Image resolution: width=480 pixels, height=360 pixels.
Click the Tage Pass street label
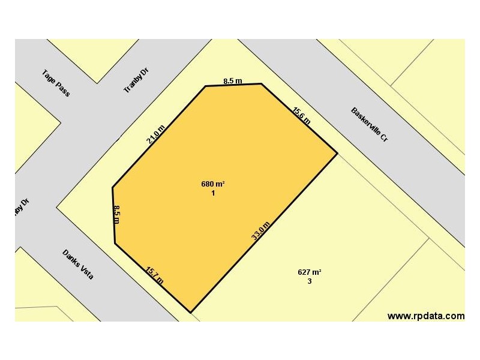pos(56,83)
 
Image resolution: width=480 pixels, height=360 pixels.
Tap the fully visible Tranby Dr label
pos(136,80)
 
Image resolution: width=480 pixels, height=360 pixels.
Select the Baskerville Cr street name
pos(370,124)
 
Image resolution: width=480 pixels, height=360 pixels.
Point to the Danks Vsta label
pos(78,266)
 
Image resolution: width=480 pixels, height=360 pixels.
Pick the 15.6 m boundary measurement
pos(302,115)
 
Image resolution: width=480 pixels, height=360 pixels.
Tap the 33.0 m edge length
pos(260,231)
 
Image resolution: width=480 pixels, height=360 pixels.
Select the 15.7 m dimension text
pos(155,275)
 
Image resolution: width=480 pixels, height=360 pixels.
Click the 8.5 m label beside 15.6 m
pos(232,80)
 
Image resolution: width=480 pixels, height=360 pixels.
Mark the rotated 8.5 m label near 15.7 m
pos(117,214)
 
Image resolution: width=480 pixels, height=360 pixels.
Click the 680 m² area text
pos(213,184)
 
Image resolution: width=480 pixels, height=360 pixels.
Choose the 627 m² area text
pos(310,272)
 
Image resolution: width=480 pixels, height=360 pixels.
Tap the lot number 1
pos(213,193)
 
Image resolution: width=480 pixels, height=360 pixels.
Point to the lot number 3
pos(310,281)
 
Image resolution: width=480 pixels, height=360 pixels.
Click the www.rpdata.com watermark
pos(425,316)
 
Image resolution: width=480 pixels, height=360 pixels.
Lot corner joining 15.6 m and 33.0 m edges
pos(337,154)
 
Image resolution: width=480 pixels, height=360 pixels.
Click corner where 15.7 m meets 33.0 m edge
pos(190,313)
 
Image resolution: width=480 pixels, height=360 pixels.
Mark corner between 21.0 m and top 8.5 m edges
pos(206,86)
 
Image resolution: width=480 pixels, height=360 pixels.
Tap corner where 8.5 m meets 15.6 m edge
pos(261,83)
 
